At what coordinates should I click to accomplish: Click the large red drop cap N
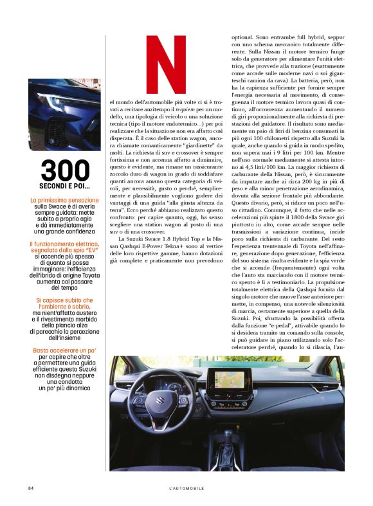(x=165, y=66)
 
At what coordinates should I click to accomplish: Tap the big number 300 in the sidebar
(x=64, y=170)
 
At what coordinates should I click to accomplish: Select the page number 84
(x=31, y=488)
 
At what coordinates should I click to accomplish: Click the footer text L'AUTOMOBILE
(x=186, y=488)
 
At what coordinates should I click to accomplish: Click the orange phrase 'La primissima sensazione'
(x=64, y=201)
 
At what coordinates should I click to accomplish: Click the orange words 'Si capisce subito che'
(x=64, y=300)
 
